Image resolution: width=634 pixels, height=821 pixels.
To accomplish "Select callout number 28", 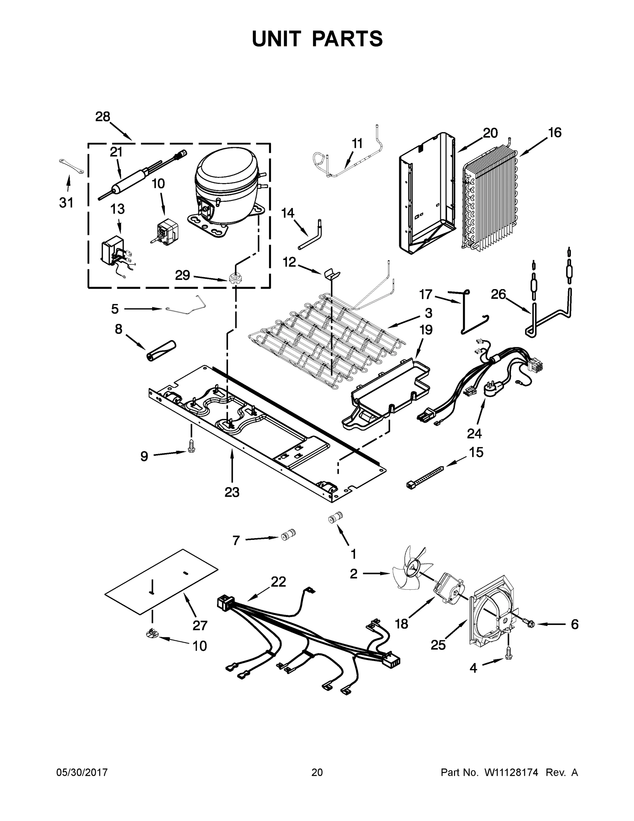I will pos(103,117).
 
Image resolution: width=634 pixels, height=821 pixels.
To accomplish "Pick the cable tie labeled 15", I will pos(425,476).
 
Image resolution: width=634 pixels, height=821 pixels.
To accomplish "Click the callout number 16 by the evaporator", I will pos(554,133).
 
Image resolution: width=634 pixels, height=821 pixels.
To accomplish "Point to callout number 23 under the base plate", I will pos(232,492).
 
